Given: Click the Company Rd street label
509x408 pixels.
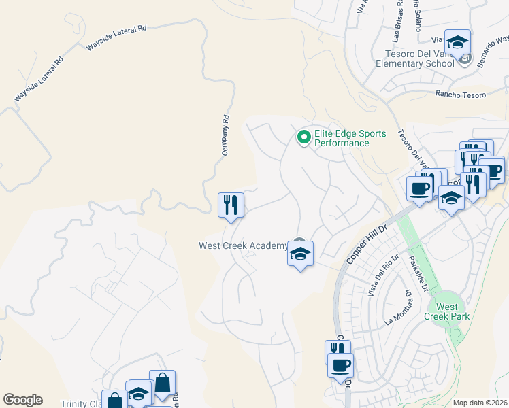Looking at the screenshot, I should pos(225,135).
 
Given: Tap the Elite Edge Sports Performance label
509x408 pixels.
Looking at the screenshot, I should pos(350,138).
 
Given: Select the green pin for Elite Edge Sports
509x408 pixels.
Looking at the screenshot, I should pos(303,138).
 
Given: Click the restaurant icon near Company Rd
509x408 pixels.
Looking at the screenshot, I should pos(231,205).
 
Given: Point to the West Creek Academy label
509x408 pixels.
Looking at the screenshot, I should pos(243,246).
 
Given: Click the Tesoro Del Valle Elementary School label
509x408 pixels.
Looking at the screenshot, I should pos(415,59).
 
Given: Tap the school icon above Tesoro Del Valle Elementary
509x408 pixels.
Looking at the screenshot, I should pos(457,41).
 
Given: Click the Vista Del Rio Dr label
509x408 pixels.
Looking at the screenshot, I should pos(378,279).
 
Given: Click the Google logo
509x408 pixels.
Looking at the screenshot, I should pos(22,400).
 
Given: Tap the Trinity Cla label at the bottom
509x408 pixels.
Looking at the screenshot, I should pos(81,403).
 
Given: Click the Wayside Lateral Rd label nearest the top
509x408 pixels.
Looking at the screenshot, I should pos(116,38).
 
